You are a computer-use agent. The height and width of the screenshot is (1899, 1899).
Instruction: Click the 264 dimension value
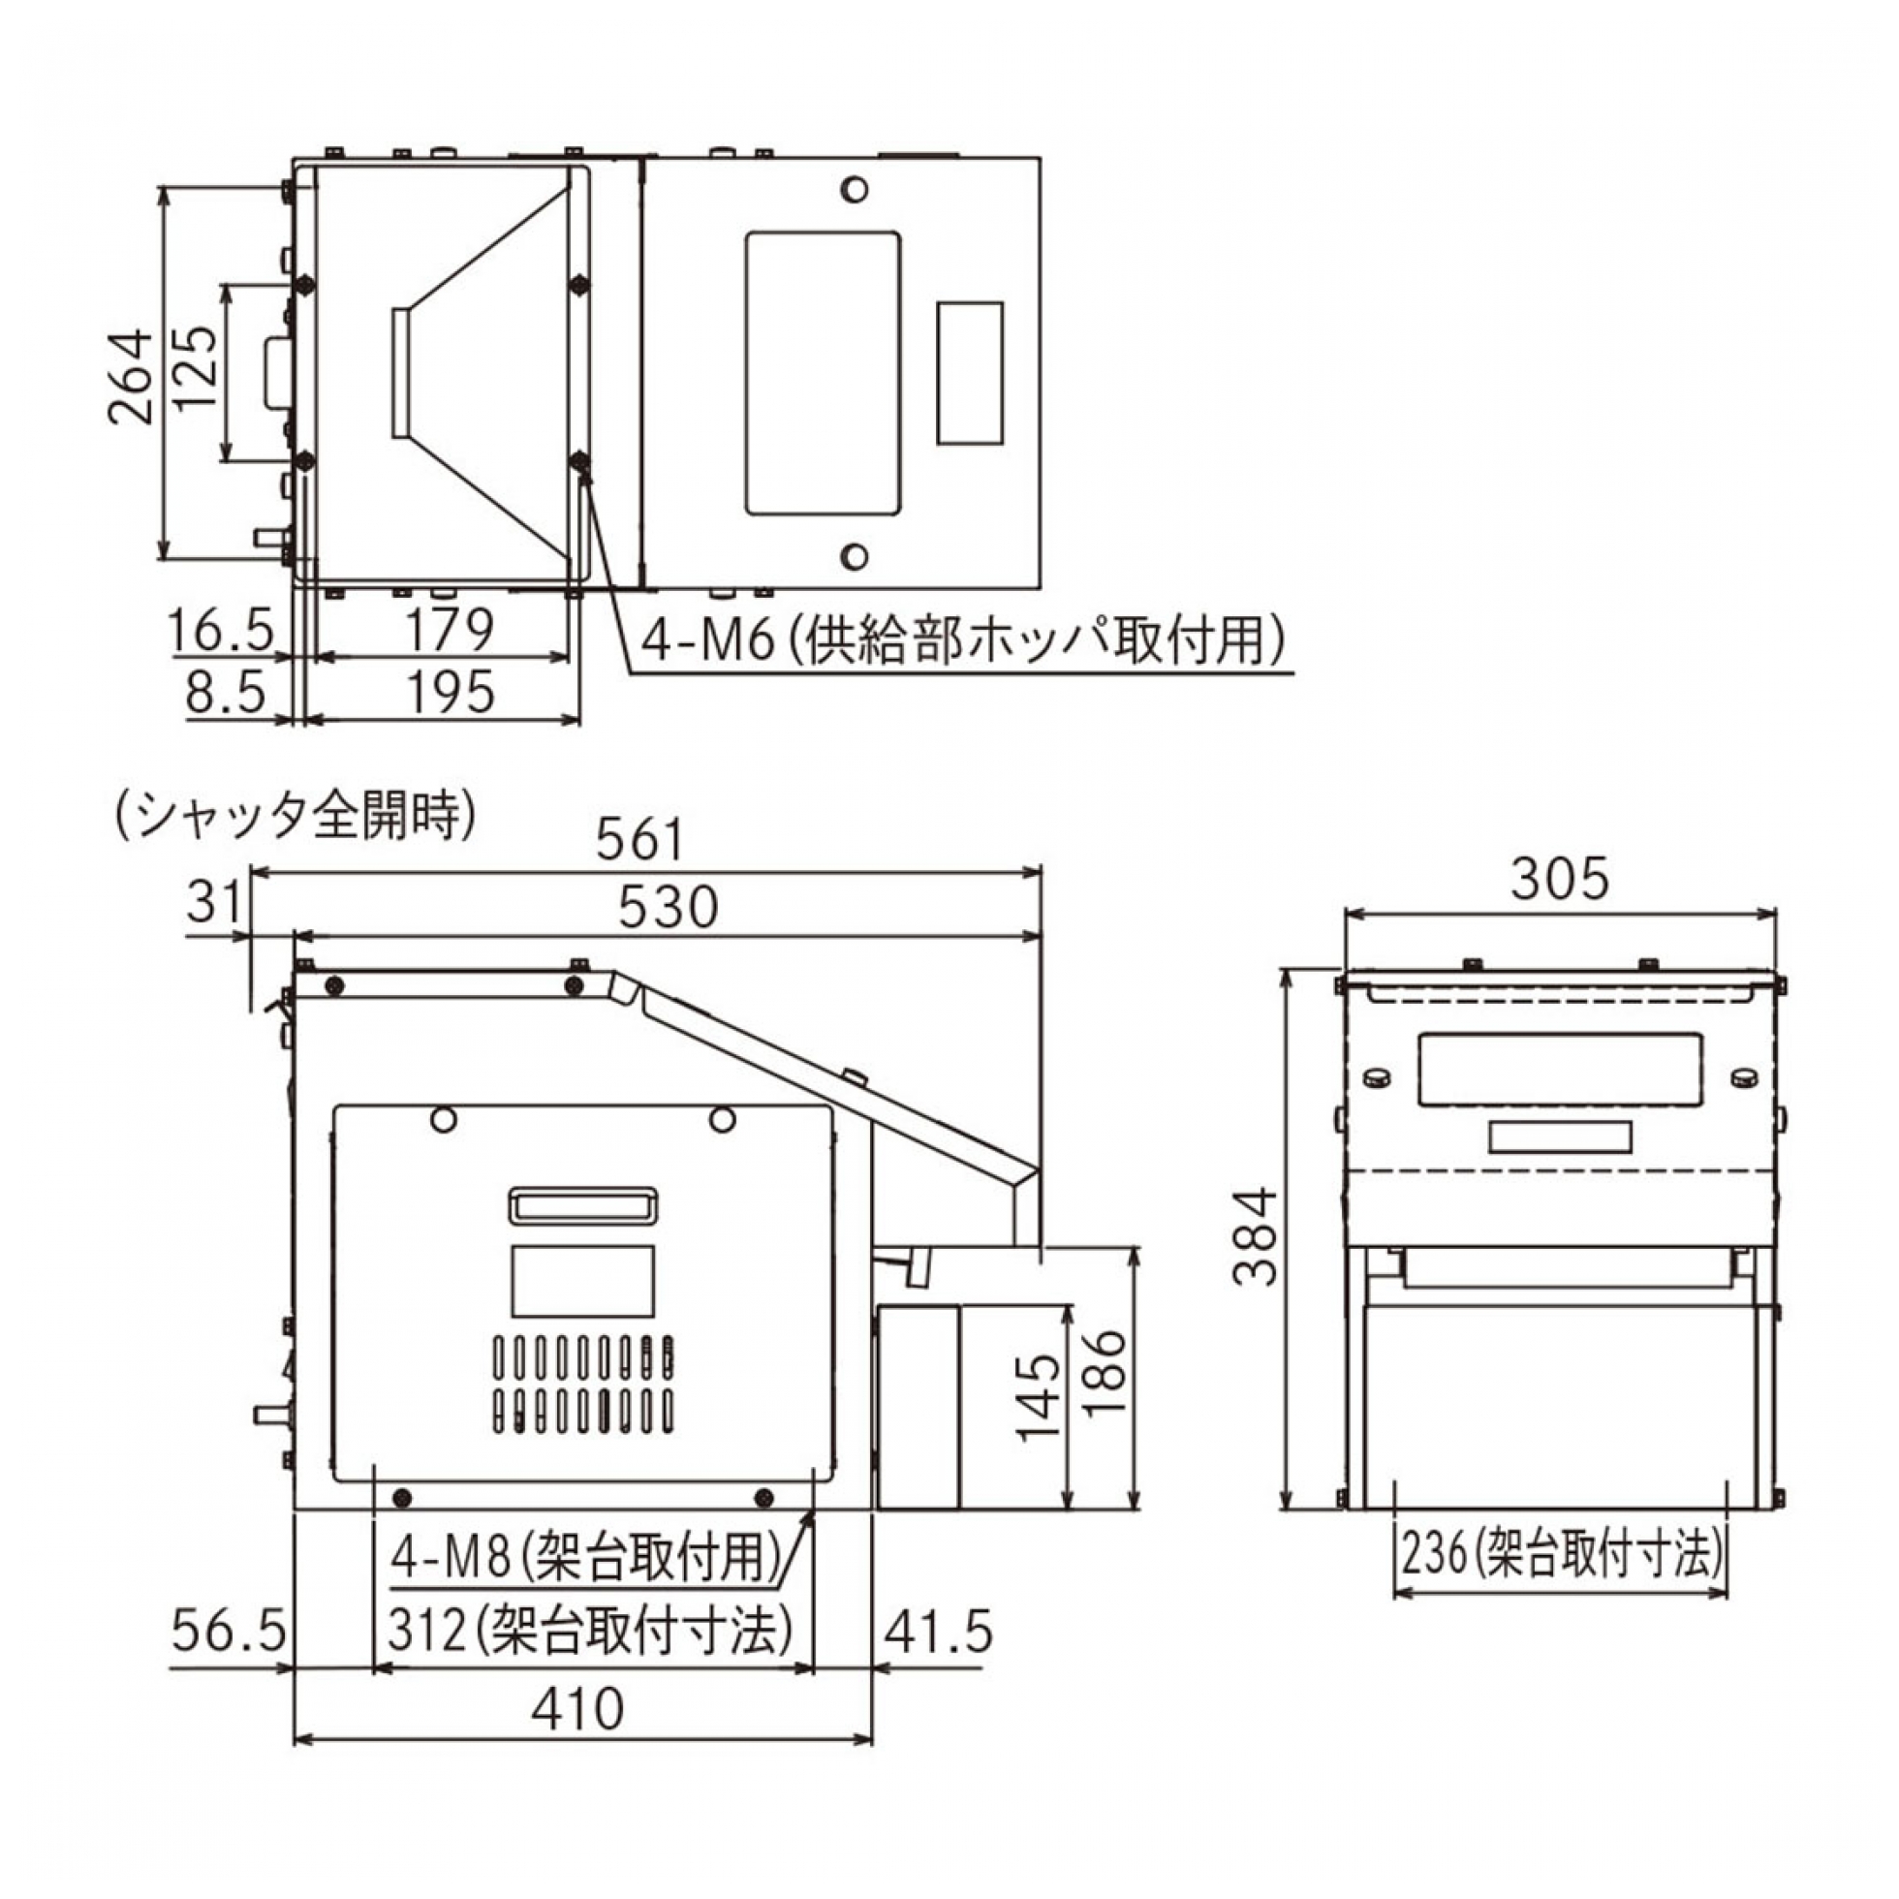(132, 377)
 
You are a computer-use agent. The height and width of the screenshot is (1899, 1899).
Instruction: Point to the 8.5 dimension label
(226, 693)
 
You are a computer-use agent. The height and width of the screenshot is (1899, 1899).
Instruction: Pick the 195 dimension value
(451, 693)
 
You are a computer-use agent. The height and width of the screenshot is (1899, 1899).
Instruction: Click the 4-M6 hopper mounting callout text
(964, 641)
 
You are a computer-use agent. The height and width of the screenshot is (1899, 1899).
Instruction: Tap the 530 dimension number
(669, 907)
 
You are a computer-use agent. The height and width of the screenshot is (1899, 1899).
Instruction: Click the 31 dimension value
(213, 901)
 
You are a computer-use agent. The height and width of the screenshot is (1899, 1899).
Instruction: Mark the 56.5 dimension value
(228, 1633)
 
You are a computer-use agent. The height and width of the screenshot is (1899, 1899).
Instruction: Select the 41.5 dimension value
(938, 1633)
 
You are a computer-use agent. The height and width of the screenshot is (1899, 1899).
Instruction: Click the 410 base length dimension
(577, 1709)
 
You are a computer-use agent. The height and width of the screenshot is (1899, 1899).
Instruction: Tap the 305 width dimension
(1560, 879)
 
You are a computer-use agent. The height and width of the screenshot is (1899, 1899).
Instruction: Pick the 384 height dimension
(1257, 1237)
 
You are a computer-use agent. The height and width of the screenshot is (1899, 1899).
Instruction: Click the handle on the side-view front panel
(583, 1205)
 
